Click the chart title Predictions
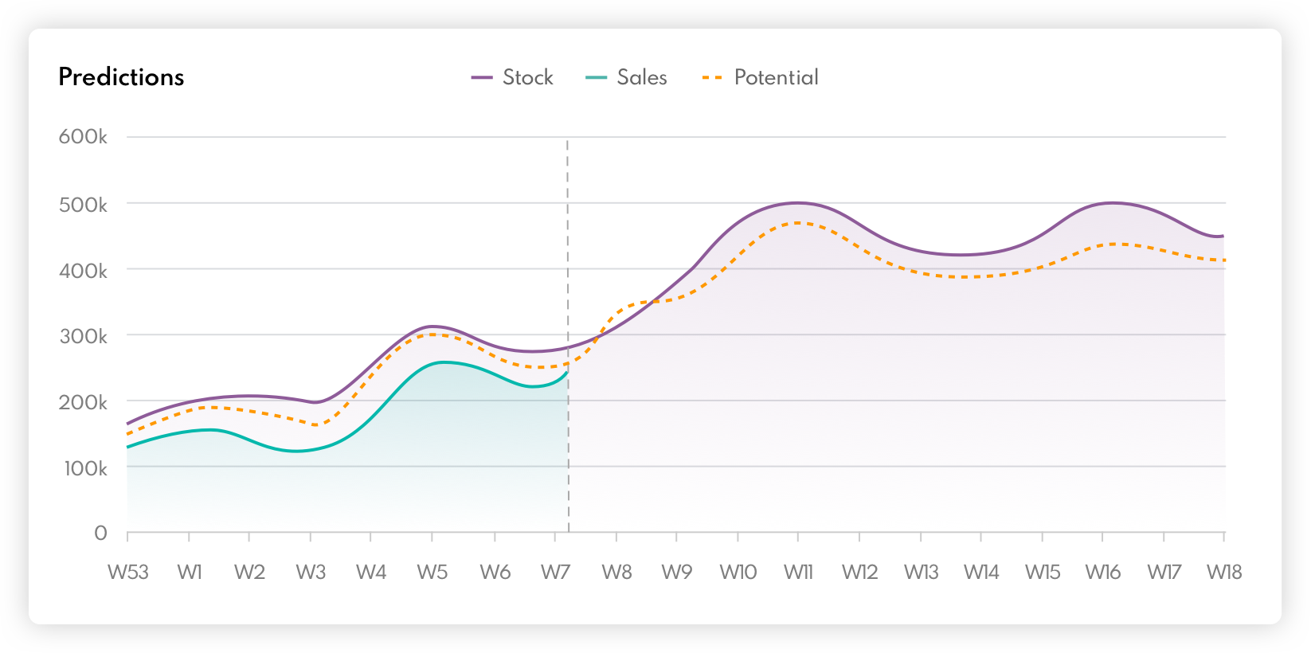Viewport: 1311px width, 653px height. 121,77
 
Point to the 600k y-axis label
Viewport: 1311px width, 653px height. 83,137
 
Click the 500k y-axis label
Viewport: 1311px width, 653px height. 83,205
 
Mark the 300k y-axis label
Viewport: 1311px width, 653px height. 83,336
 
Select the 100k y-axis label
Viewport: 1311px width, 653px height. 85,468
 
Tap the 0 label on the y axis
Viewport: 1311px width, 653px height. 100,533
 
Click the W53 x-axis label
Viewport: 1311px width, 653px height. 128,572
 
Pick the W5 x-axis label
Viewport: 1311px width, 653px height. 432,572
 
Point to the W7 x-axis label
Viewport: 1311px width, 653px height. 555,572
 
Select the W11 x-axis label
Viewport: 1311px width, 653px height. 798,572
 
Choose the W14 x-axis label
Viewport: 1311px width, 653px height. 981,572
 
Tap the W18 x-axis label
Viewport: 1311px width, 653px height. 1224,572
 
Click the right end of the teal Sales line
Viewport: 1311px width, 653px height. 567,372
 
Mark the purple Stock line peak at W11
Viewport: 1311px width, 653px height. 797,203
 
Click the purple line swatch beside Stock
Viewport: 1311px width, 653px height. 482,77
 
